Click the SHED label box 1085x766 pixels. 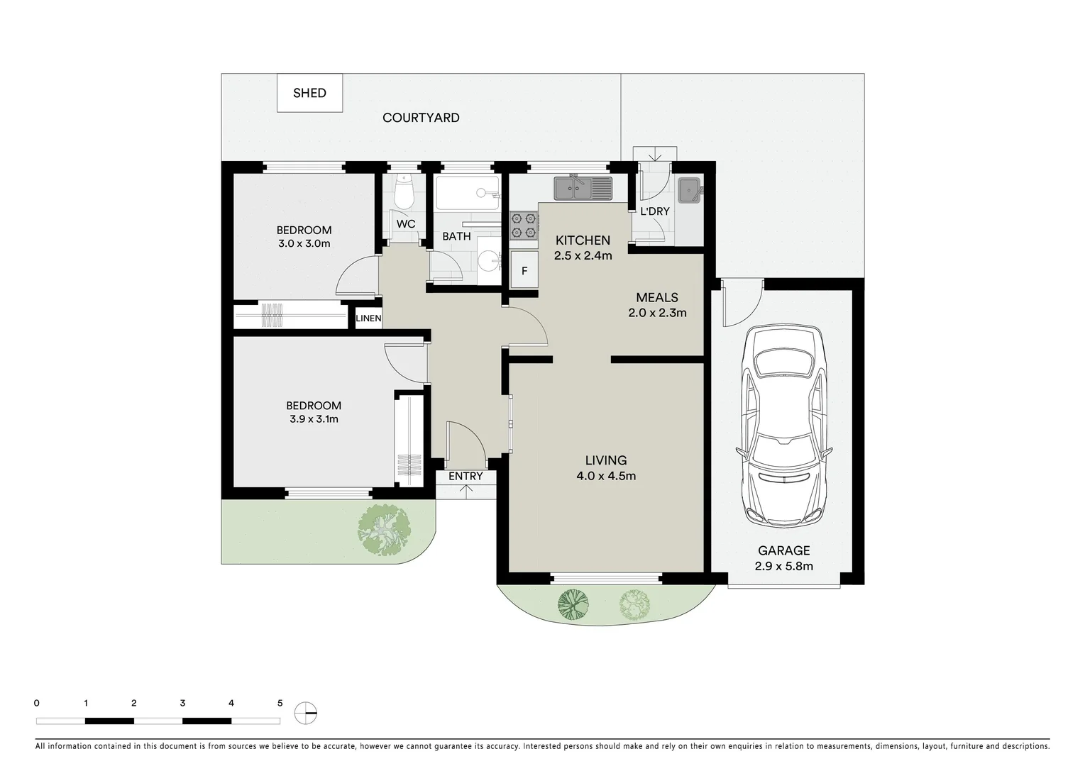pos(309,93)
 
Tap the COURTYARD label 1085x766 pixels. pos(421,118)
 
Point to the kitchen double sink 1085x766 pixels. pos(583,188)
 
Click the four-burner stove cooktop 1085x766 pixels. pos(523,224)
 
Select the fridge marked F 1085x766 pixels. pos(524,270)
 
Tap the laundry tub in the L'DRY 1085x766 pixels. pos(688,190)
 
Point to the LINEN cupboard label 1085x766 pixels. pos(368,318)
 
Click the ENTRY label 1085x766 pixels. pos(466,476)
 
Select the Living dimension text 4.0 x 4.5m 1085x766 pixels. pos(606,476)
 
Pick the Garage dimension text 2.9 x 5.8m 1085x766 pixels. pos(784,566)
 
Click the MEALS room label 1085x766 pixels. pos(657,297)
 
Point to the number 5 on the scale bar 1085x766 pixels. pos(280,704)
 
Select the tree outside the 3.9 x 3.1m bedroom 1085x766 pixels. pos(384,530)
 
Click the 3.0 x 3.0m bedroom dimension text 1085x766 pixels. pos(304,243)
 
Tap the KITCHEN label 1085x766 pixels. pos(583,240)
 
